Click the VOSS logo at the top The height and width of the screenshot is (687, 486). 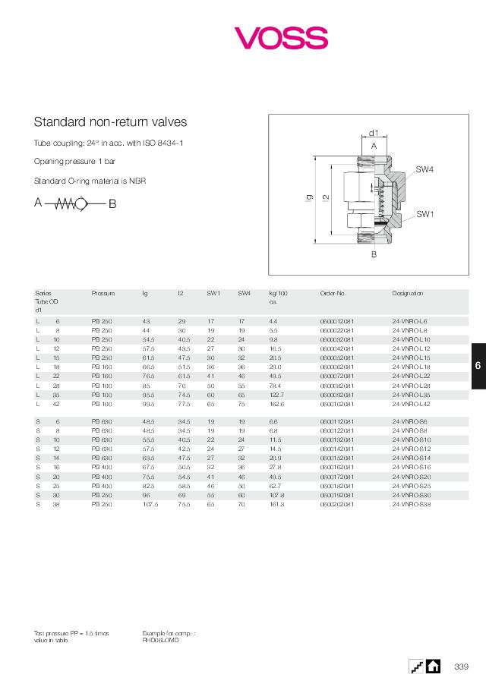[280, 37]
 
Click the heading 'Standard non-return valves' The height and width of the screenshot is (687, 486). [110, 121]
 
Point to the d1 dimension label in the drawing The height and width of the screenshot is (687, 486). [374, 133]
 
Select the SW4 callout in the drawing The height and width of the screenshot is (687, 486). [424, 169]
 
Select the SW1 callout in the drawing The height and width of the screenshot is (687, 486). [424, 214]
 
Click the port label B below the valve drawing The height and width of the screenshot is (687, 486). [374, 255]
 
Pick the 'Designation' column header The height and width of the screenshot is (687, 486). [407, 293]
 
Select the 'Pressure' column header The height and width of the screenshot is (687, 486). [103, 293]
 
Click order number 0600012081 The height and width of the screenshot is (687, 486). [337, 321]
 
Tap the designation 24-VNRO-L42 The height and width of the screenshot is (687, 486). [411, 403]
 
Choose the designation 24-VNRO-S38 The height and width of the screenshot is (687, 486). [412, 503]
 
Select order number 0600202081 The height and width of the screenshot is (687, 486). [337, 503]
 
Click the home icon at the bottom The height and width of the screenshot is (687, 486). [433, 666]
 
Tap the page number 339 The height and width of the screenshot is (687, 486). [461, 667]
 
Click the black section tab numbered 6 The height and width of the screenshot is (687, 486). [478, 366]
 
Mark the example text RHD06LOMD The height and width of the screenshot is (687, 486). [160, 639]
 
